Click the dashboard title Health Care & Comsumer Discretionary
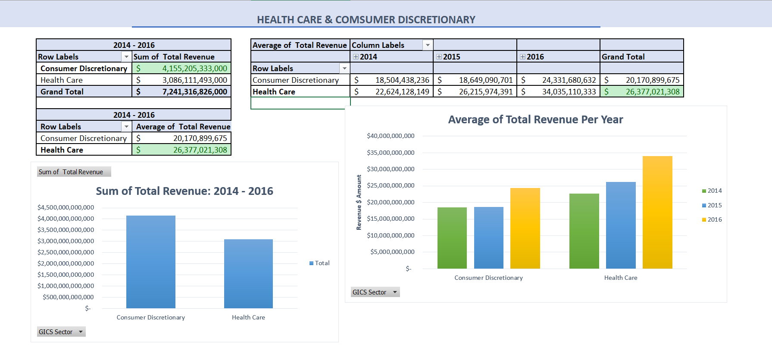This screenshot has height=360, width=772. pos(366,20)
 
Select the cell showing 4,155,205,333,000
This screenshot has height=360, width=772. pos(194,69)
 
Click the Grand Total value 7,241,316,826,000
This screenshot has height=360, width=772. pos(194,92)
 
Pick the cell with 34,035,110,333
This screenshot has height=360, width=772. pos(569,92)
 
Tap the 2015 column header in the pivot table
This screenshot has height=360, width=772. pos(451,57)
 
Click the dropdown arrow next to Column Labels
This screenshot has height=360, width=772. pos(428,45)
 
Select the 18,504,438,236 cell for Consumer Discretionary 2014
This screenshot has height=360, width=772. pos(402,80)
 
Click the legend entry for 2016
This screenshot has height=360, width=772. pos(712,219)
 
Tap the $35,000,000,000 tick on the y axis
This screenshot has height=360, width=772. pos(391,153)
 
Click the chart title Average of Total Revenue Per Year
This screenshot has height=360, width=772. pos(535,119)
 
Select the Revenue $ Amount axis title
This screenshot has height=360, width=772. pos(359,202)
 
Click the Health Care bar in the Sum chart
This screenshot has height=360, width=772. pos(248,274)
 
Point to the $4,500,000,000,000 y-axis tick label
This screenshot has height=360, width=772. pos(66,207)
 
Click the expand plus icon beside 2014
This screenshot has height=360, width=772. pos(356,57)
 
